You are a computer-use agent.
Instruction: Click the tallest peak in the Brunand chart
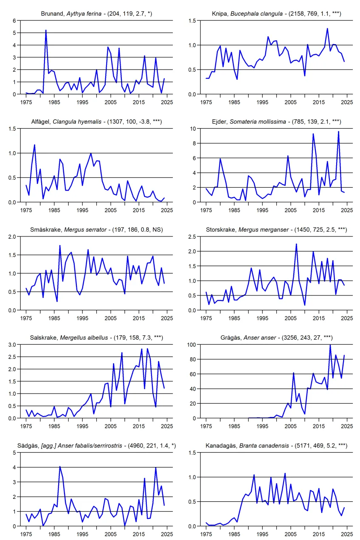pos(46,31)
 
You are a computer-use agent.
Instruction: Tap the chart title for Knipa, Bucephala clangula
pos(276,14)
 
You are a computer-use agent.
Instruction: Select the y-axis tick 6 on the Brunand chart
pos(14,21)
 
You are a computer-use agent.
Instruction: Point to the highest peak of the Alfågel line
pos(34,145)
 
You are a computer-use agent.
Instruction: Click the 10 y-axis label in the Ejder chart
pos(193,129)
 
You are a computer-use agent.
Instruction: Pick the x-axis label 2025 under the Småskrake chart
pos(167,318)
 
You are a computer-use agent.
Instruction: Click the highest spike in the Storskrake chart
pos(296,244)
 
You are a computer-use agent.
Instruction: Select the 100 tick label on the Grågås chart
pos(191,345)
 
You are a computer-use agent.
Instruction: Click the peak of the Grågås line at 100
pos(330,345)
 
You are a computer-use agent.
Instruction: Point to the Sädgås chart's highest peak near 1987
pos(60,467)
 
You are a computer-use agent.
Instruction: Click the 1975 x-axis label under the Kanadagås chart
pos(206,534)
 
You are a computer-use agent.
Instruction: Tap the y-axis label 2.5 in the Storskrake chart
pos(192,237)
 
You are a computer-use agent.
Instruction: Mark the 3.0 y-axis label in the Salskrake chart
pos(12,345)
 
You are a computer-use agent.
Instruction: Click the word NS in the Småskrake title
pos(157,230)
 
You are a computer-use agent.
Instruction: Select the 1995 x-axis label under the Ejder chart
pos(262,210)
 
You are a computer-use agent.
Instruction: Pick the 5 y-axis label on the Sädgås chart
pos(14,453)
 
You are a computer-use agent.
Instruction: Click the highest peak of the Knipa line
pos(327,29)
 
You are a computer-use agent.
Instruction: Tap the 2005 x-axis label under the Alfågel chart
pos(110,210)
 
